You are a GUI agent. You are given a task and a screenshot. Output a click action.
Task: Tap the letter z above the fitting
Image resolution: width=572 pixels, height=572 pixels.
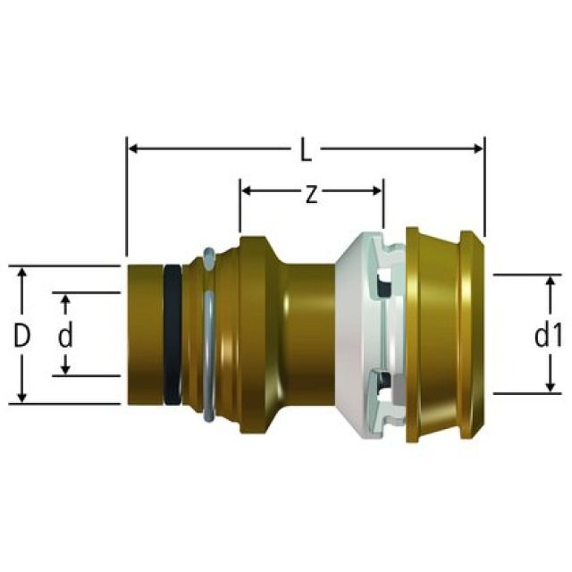[310, 194]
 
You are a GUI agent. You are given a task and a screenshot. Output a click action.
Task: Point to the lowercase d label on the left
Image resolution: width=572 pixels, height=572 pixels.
[64, 336]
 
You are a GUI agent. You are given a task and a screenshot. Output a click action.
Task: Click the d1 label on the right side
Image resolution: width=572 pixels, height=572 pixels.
[547, 337]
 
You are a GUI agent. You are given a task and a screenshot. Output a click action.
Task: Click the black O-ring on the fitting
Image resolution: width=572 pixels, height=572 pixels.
[172, 333]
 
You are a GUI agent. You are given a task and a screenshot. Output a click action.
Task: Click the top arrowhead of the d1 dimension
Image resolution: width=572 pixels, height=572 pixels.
[548, 281]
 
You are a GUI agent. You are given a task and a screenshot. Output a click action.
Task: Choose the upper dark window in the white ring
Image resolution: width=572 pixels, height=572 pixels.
[383, 286]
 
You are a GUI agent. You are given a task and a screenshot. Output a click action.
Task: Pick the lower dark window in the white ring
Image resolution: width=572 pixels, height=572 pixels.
[383, 384]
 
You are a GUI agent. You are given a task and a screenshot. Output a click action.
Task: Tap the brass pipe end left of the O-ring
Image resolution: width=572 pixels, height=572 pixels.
[144, 333]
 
